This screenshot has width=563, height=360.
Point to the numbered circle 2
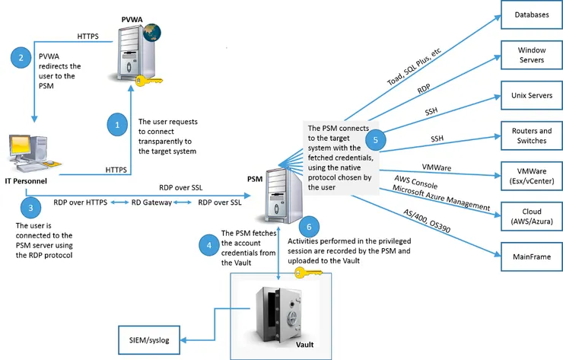pos(22,57)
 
